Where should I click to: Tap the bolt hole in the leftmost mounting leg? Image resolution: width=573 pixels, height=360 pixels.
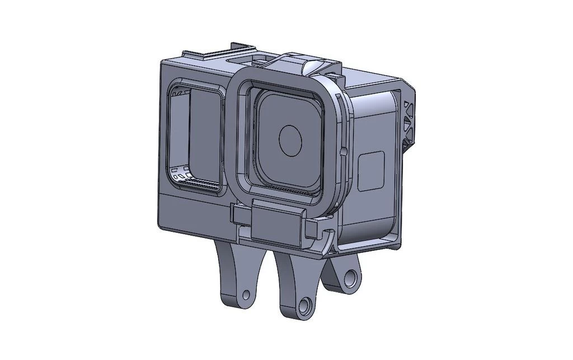click(246, 294)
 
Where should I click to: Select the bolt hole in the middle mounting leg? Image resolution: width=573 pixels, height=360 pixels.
click(304, 306)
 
